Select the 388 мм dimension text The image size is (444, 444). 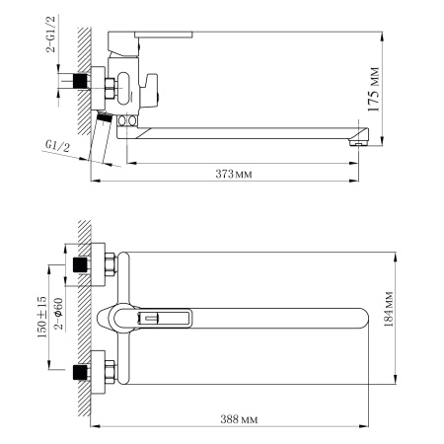point(241,418)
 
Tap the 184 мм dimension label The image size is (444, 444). point(388,316)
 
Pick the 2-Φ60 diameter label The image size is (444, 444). point(57,314)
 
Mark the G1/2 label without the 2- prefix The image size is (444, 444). point(57,145)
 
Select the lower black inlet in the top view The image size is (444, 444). point(79,373)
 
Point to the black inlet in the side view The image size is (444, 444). point(78,82)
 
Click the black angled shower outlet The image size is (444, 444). point(103,116)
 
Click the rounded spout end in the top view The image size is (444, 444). point(355,317)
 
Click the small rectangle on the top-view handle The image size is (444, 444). point(152,318)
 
